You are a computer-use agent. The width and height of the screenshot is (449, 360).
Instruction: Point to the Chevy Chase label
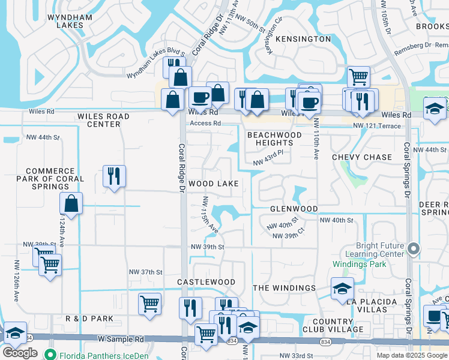click(x=361, y=157)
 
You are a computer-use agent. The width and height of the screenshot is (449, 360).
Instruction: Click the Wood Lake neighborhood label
click(x=214, y=184)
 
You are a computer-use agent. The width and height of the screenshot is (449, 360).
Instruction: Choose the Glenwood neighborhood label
click(x=294, y=209)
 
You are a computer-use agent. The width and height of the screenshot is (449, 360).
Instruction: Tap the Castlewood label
click(x=206, y=282)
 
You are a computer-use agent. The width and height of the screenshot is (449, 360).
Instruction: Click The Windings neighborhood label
click(x=284, y=288)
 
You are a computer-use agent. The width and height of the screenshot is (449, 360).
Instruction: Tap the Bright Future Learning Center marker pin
click(x=413, y=248)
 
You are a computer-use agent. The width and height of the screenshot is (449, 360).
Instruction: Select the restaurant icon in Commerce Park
click(x=114, y=176)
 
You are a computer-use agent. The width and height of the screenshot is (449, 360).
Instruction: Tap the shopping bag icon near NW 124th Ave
click(x=71, y=204)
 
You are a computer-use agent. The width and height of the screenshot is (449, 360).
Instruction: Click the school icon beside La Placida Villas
click(x=342, y=289)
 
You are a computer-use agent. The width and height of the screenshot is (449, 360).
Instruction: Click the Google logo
click(x=20, y=353)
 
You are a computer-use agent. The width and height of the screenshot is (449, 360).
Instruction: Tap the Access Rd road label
click(x=205, y=124)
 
